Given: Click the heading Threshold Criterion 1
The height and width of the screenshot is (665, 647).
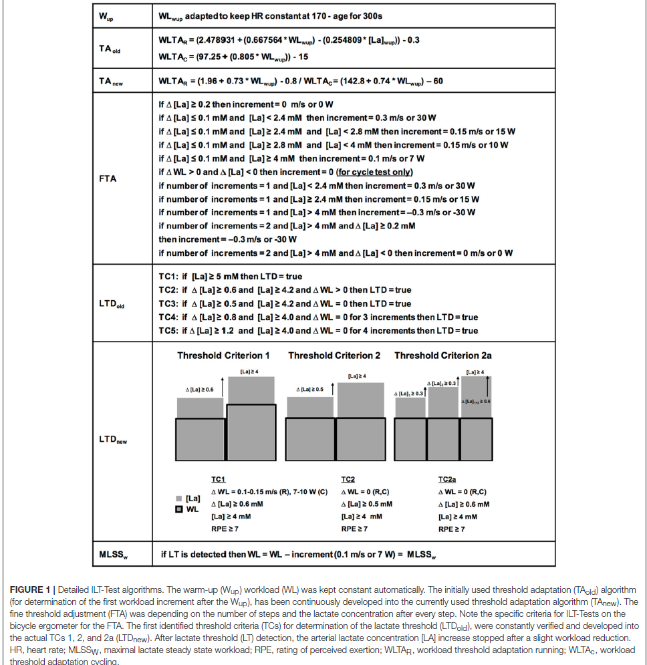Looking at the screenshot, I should pyautogui.click(x=223, y=356).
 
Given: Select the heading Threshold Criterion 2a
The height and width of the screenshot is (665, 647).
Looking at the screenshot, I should pyautogui.click(x=442, y=356).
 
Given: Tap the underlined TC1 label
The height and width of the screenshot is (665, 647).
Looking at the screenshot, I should pyautogui.click(x=218, y=479).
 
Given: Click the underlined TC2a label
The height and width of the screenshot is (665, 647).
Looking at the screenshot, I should pyautogui.click(x=447, y=479).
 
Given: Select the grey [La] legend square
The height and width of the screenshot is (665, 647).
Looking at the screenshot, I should pyautogui.click(x=178, y=498).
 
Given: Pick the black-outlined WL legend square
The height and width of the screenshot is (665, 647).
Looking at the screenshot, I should pyautogui.click(x=178, y=510).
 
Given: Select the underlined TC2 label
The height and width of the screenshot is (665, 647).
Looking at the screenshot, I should pyautogui.click(x=348, y=479).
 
